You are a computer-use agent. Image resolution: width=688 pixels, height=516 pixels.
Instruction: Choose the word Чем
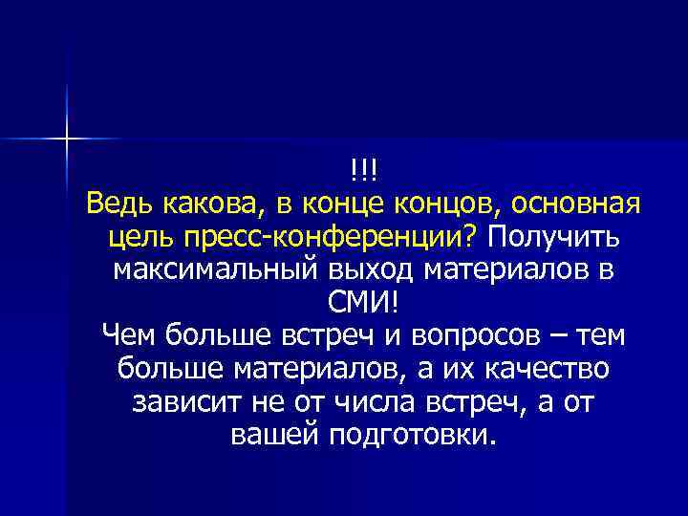coord(128,335)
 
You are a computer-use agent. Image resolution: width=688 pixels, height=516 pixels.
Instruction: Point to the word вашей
coord(274,435)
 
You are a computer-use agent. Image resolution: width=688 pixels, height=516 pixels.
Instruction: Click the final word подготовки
coord(412,435)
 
